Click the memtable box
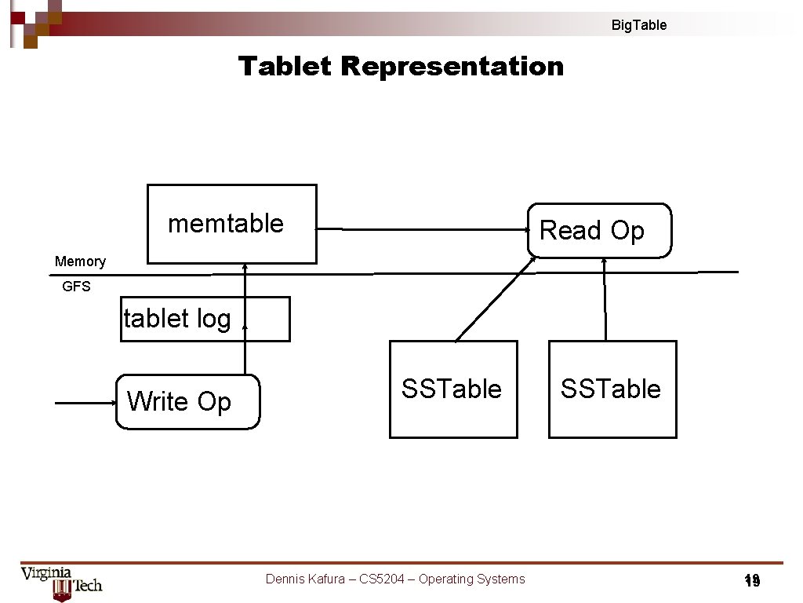(232, 224)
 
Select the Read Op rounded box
(600, 231)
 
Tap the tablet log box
(205, 319)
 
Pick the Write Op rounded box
(187, 402)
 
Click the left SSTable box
(453, 389)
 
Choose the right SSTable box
(612, 389)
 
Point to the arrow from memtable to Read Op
(423, 229)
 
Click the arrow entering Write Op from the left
(85, 403)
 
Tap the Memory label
(80, 261)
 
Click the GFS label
(76, 287)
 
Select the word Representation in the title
(452, 66)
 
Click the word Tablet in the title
(285, 66)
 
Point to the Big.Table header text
(639, 25)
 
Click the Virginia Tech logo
(61, 583)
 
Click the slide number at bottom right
(752, 581)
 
